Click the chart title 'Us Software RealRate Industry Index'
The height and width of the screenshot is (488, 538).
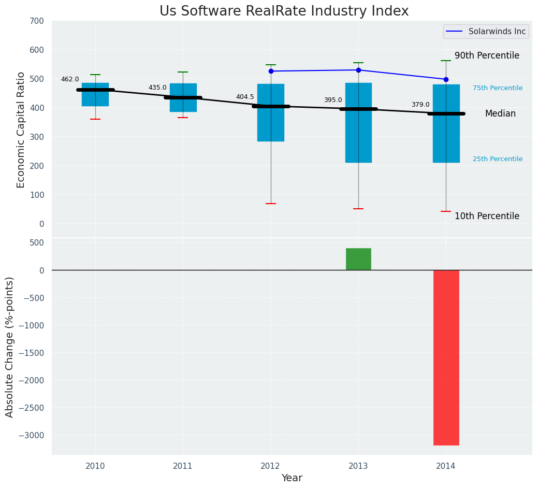click(284, 11)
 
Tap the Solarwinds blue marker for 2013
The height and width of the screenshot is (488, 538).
click(358, 70)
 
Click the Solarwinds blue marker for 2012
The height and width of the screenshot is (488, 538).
click(271, 71)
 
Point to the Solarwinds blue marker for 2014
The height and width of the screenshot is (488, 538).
click(446, 79)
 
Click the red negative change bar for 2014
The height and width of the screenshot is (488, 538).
click(446, 357)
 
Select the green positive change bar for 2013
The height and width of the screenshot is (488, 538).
click(358, 259)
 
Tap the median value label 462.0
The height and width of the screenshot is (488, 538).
click(70, 79)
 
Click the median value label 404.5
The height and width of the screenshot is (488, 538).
click(245, 97)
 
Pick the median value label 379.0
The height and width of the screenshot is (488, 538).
click(420, 105)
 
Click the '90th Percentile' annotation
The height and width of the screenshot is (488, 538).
click(487, 56)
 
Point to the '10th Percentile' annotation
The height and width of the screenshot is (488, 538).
click(487, 216)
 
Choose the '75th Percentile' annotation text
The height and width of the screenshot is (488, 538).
click(498, 88)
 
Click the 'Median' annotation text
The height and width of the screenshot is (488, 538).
click(500, 114)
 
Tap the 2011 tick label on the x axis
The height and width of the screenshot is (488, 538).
click(183, 466)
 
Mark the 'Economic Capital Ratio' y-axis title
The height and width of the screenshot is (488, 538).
click(21, 130)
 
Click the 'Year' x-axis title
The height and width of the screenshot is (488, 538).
click(292, 478)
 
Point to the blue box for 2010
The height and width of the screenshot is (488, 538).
click(95, 95)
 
